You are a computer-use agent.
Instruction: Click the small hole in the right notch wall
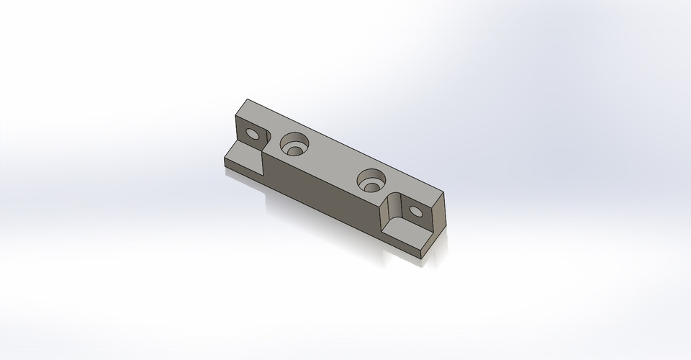pos(415,212)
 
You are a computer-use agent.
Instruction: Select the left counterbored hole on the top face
pos(294,143)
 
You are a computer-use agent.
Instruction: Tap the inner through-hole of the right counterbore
pos(371,186)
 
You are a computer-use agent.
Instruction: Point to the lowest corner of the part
pos(423,258)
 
